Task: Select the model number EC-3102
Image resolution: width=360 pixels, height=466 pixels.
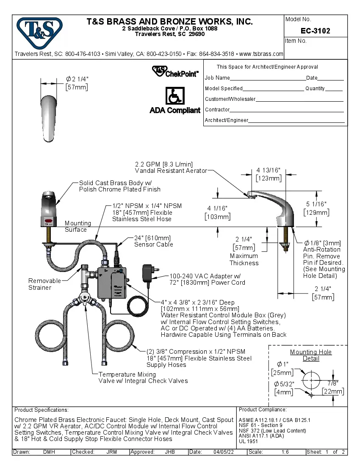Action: (x=315, y=31)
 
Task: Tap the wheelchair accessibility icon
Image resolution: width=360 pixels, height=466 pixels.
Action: (x=174, y=96)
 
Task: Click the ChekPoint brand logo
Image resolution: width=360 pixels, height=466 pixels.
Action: (x=175, y=71)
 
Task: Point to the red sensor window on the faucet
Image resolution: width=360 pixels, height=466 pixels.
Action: (x=49, y=221)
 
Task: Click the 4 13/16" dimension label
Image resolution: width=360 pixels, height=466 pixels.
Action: (x=269, y=174)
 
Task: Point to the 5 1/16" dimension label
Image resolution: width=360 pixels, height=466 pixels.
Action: (x=316, y=208)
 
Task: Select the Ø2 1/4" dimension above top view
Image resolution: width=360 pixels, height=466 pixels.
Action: (x=77, y=83)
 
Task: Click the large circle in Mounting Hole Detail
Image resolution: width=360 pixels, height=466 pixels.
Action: (x=311, y=380)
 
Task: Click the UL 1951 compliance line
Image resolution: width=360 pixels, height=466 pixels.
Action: (x=248, y=441)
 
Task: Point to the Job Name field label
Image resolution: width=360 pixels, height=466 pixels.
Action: (x=217, y=78)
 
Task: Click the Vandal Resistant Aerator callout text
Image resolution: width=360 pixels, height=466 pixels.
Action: (x=171, y=171)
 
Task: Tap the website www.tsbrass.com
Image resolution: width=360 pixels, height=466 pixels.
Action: (x=261, y=54)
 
